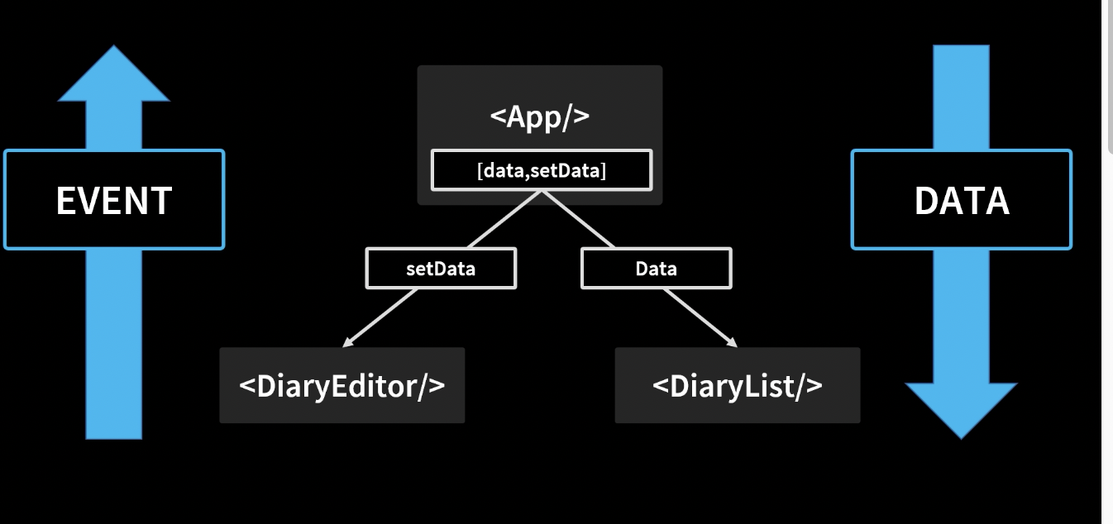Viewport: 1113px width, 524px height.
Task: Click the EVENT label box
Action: click(x=114, y=200)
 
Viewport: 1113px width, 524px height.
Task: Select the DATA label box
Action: click(x=961, y=200)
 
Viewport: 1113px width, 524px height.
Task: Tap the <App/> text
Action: click(x=540, y=117)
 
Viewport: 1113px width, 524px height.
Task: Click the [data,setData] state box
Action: click(x=542, y=170)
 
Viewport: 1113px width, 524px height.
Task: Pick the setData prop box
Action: click(x=441, y=269)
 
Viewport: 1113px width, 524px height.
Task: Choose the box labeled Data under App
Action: click(x=656, y=269)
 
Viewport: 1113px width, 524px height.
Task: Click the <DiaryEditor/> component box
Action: click(x=342, y=385)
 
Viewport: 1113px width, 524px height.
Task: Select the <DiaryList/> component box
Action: click(x=737, y=385)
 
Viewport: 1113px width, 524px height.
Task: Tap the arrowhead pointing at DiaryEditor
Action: click(x=348, y=341)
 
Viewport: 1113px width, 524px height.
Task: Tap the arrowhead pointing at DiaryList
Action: click(x=731, y=341)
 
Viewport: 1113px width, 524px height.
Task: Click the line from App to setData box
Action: click(x=504, y=219)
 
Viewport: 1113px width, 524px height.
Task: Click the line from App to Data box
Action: click(x=579, y=219)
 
